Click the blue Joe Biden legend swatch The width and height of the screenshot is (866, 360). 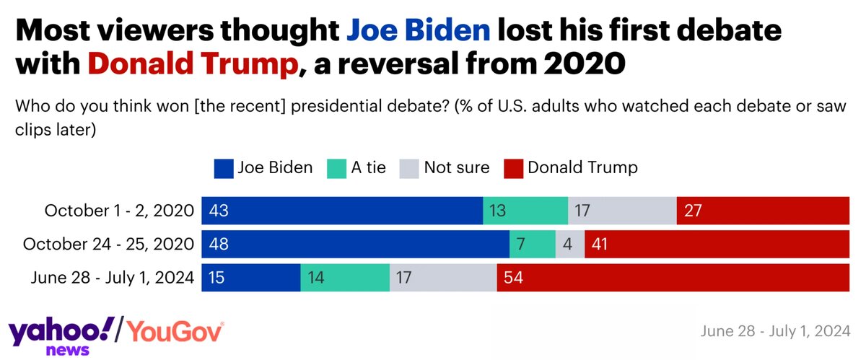coord(224,168)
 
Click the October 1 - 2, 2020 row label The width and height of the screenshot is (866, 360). coord(119,211)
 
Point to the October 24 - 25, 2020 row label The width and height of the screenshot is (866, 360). coord(108,244)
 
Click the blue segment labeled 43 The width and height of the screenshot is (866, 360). coord(342,211)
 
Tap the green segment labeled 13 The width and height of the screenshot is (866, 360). coord(525,211)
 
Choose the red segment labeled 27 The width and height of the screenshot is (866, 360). coord(763,211)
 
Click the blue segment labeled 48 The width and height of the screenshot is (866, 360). coord(355,244)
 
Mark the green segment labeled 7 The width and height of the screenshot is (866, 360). coord(533,244)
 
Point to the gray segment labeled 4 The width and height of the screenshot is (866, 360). coord(570,244)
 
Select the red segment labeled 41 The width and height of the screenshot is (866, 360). coord(717,244)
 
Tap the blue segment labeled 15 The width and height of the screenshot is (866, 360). coord(250,277)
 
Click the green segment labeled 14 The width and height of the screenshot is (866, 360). coord(345,277)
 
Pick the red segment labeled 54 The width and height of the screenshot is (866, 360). coord(673,277)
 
